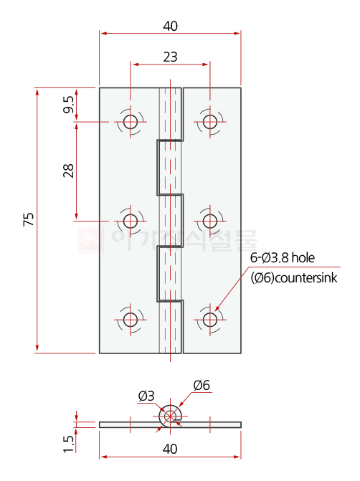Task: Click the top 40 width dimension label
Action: click(170, 26)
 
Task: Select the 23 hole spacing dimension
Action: click(170, 57)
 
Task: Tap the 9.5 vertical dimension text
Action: click(68, 105)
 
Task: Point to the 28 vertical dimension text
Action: click(68, 171)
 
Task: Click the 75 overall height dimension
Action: click(29, 219)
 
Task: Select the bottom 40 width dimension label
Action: click(170, 449)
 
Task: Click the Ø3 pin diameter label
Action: click(146, 396)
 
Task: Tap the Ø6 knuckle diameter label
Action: click(202, 386)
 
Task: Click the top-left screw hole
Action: click(130, 121)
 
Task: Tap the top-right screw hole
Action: click(209, 121)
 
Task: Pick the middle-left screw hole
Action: click(130, 220)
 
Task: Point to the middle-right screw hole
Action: click(209, 220)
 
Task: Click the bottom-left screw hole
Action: click(130, 319)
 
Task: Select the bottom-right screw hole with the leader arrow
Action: click(209, 319)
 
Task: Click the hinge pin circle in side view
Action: click(170, 414)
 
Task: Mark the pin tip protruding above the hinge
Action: click(170, 82)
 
